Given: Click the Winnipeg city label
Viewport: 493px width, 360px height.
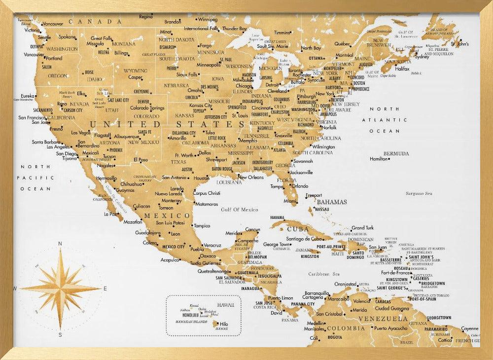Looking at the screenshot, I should (x=208, y=20).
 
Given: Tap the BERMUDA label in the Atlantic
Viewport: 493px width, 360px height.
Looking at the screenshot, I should (x=396, y=153).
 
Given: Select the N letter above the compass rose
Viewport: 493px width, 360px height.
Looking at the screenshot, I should (x=60, y=244).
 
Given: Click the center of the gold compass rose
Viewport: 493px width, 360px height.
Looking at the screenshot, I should (x=60, y=288).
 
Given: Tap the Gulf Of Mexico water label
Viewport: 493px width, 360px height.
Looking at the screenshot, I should (x=240, y=210).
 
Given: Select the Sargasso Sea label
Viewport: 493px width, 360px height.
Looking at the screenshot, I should (x=419, y=194).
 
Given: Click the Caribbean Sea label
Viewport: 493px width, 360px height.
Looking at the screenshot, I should (x=324, y=274).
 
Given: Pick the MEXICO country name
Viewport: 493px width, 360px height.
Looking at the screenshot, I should (x=173, y=216).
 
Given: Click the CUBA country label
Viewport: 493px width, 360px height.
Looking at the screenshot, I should (x=298, y=229).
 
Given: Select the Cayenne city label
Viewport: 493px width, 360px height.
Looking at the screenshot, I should (x=469, y=328).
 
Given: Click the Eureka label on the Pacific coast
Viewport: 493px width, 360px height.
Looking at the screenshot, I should (x=28, y=96).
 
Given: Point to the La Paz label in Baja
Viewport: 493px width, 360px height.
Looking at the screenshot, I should (x=110, y=214).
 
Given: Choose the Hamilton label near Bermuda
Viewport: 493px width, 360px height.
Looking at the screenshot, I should (x=379, y=159).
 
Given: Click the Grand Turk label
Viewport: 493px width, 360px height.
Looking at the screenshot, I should (x=362, y=228).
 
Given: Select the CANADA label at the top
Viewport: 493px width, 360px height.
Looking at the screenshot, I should (x=96, y=22).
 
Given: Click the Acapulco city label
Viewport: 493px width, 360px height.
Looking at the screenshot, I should (x=170, y=259).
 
